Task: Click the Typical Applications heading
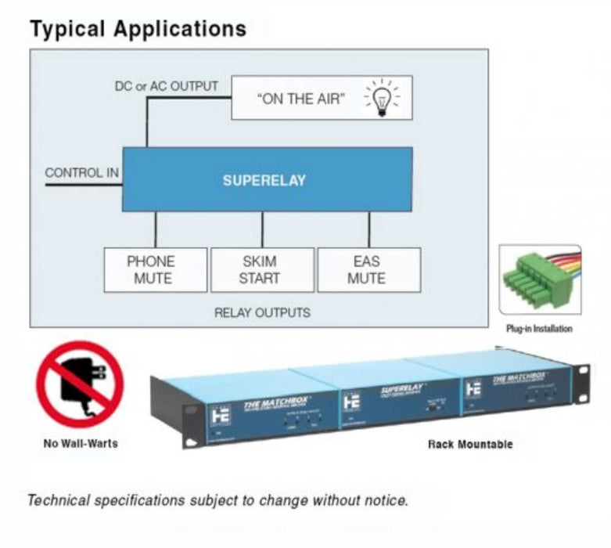138,29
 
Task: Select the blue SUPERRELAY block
267,179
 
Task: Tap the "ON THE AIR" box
321,98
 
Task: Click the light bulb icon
383,98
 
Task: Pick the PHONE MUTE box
156,269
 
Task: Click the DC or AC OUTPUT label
167,86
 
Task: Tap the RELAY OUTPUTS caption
262,313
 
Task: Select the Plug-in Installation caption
539,329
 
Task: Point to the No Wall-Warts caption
80,444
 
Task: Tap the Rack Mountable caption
470,444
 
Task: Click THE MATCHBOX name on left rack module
275,404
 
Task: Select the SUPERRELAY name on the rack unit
402,389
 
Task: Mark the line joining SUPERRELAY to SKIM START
262,229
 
